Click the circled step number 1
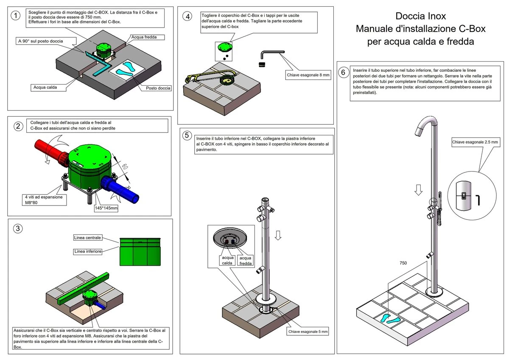(x=16, y=16)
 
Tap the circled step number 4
(x=187, y=16)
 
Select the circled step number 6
(x=343, y=72)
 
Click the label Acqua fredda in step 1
(x=144, y=37)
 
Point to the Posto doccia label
(x=158, y=88)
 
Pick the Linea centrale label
(x=87, y=237)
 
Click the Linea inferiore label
(x=88, y=252)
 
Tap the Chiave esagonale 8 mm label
(x=308, y=75)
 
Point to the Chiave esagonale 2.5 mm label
(x=475, y=142)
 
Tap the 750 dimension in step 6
(x=403, y=263)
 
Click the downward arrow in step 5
(x=278, y=235)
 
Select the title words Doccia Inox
(x=420, y=17)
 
